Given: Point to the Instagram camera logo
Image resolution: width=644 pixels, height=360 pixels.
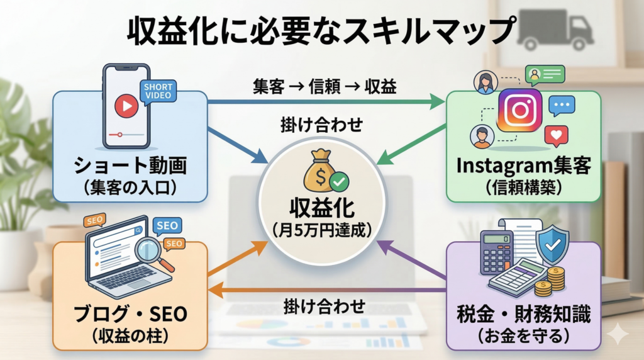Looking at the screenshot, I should pos(519,110).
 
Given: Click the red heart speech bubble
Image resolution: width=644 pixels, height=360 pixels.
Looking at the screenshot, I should pos(556,135).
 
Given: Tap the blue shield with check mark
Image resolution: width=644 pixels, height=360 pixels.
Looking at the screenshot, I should pos(551,244).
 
